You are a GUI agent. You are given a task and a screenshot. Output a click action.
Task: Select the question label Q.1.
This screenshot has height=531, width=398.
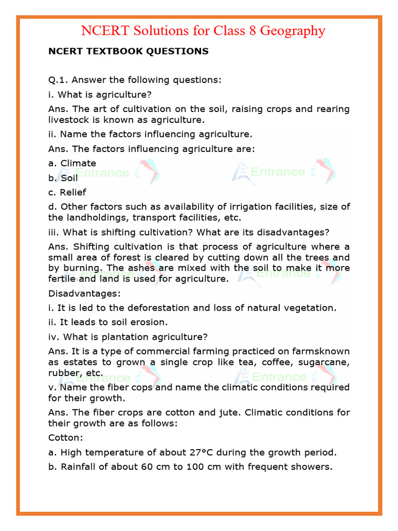[x=58, y=80]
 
